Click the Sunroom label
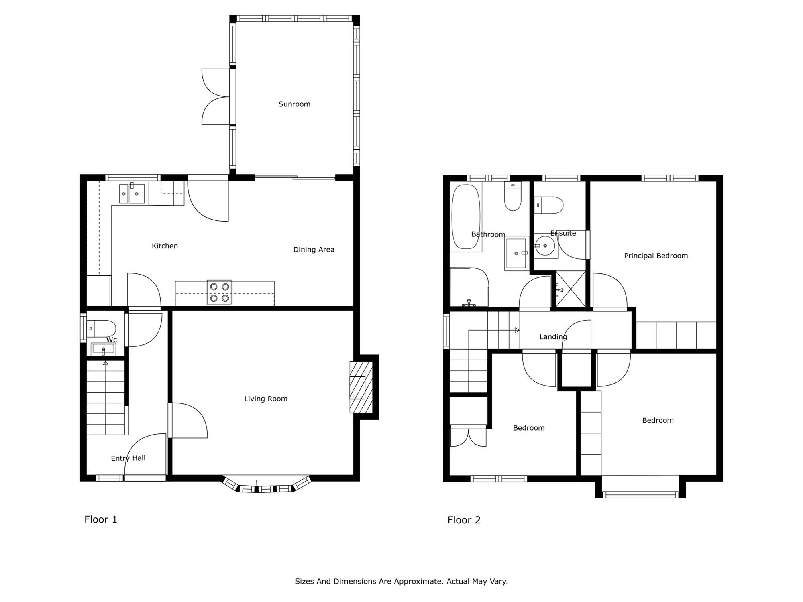pos(294,104)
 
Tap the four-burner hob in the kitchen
pos(220,292)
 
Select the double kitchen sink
pos(132,194)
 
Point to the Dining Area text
pos(314,250)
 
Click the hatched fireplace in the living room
pos(361,387)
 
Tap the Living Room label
pos(266,399)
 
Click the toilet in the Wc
pos(102,329)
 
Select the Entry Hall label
pos(128,458)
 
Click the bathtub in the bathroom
pos(466,217)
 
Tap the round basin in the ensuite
pos(545,246)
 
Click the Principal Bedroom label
pos(656,256)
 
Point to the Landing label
pos(553,337)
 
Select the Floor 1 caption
pos(101,519)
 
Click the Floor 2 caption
pos(464,520)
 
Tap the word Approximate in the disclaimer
pos(418,581)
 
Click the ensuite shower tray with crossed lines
pos(571,289)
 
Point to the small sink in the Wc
pos(103,349)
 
